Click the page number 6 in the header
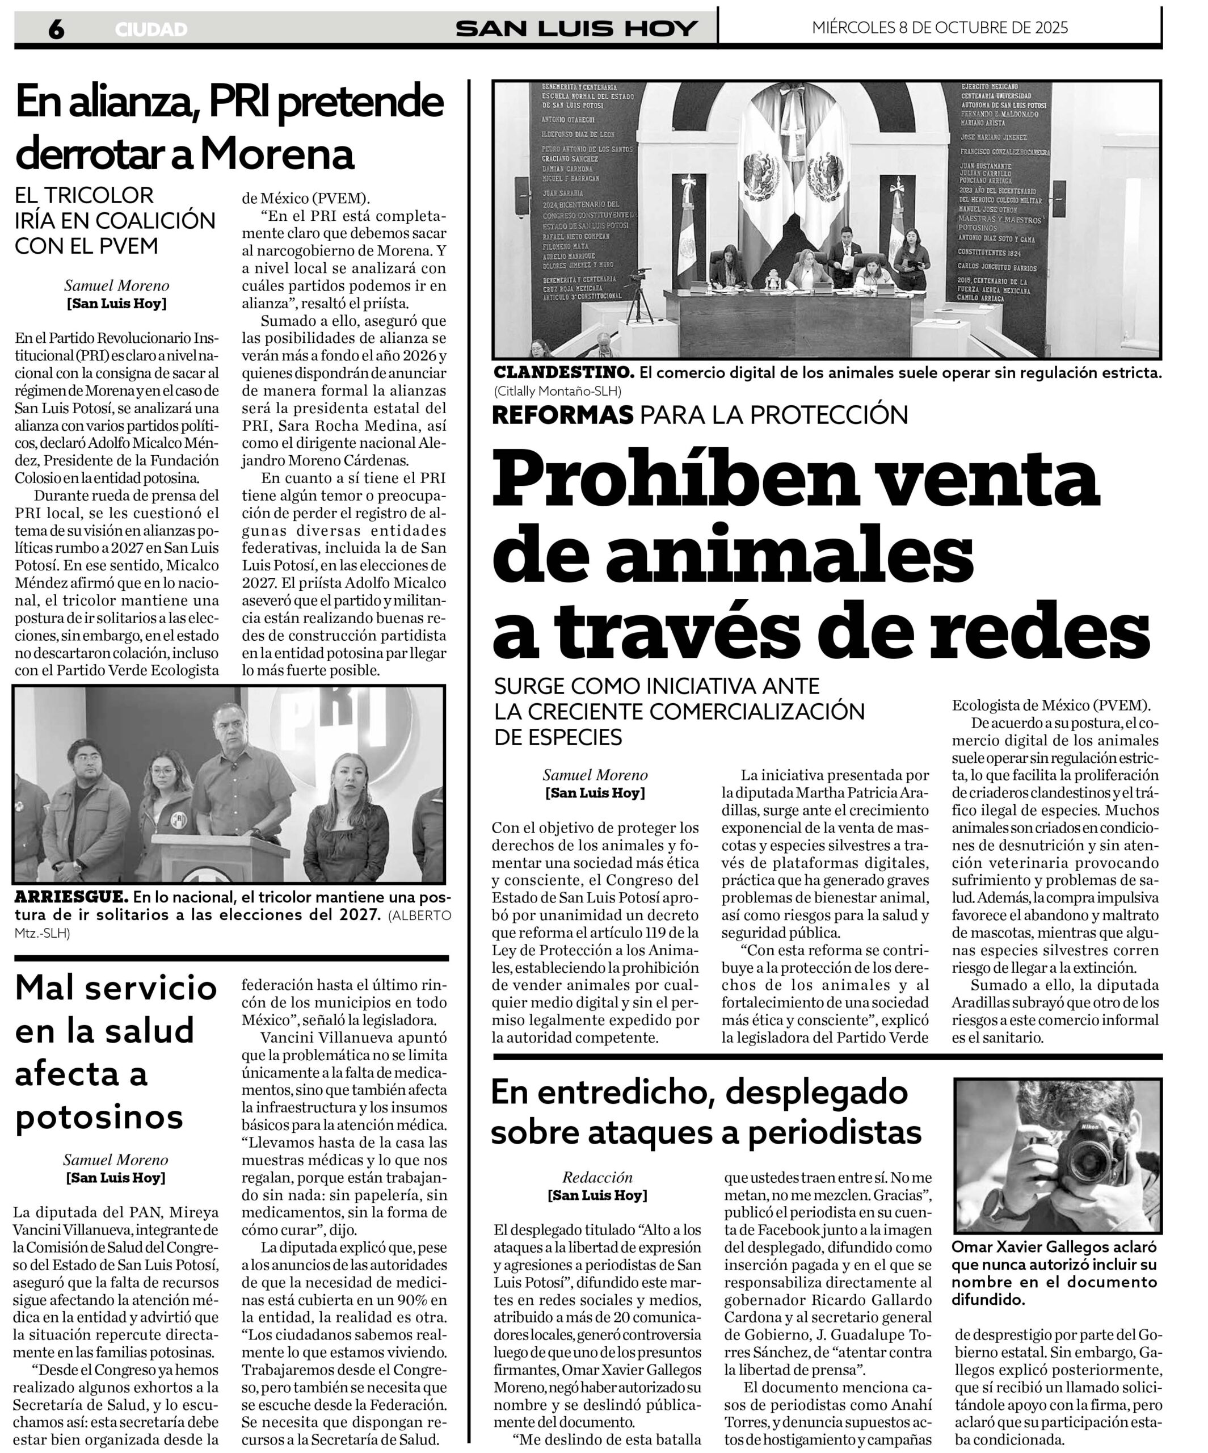[56, 29]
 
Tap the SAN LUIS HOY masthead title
[576, 28]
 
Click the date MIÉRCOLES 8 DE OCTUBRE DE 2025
[940, 28]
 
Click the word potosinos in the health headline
[99, 1118]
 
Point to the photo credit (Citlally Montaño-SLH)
[558, 391]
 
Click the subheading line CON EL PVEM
[86, 246]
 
